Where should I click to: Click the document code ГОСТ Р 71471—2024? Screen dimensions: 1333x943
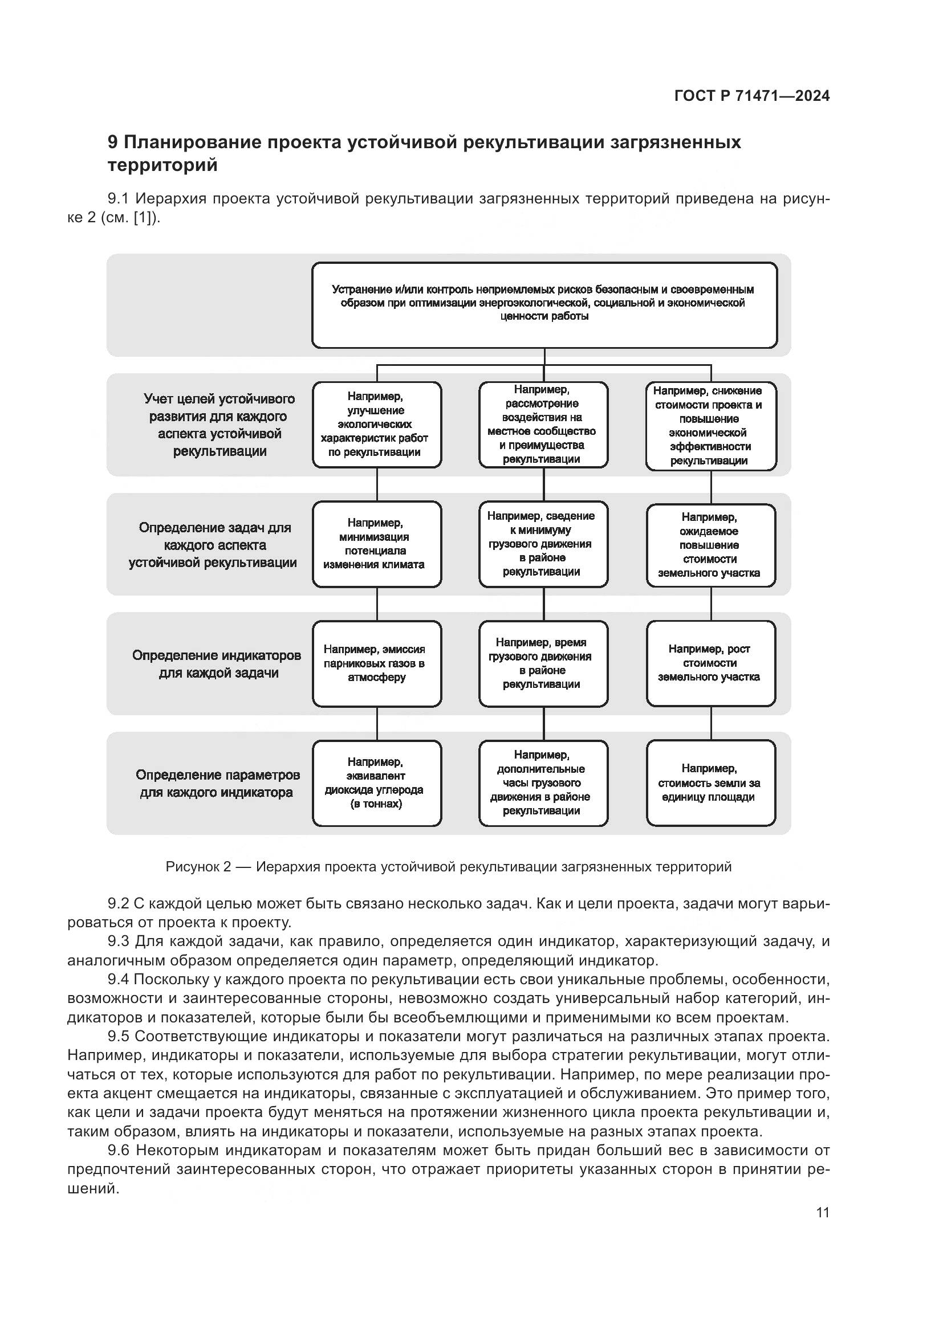[x=752, y=96]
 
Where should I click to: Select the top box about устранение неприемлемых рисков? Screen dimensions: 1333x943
[x=544, y=305]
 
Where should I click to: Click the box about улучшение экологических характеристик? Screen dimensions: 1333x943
[x=377, y=425]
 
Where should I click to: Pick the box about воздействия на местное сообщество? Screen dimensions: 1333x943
[x=543, y=425]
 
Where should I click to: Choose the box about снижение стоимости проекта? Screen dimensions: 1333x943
[x=711, y=426]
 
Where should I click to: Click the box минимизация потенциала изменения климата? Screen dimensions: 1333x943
[x=377, y=544]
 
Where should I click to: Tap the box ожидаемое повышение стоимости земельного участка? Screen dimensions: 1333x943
[x=711, y=545]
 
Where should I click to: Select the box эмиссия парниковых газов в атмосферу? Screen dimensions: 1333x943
[x=377, y=663]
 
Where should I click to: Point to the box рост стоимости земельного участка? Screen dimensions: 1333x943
[x=711, y=663]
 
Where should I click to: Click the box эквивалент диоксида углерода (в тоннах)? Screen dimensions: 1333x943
[x=377, y=782]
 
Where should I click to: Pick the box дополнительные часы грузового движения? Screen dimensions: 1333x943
[x=543, y=782]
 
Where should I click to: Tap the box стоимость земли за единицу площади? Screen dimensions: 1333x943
[x=711, y=782]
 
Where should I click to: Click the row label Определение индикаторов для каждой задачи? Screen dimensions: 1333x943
[x=217, y=664]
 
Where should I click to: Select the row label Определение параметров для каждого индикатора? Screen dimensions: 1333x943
[x=217, y=784]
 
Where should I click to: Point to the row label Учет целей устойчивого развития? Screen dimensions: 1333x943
[x=220, y=425]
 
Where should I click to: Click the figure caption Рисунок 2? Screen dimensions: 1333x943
[x=448, y=867]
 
